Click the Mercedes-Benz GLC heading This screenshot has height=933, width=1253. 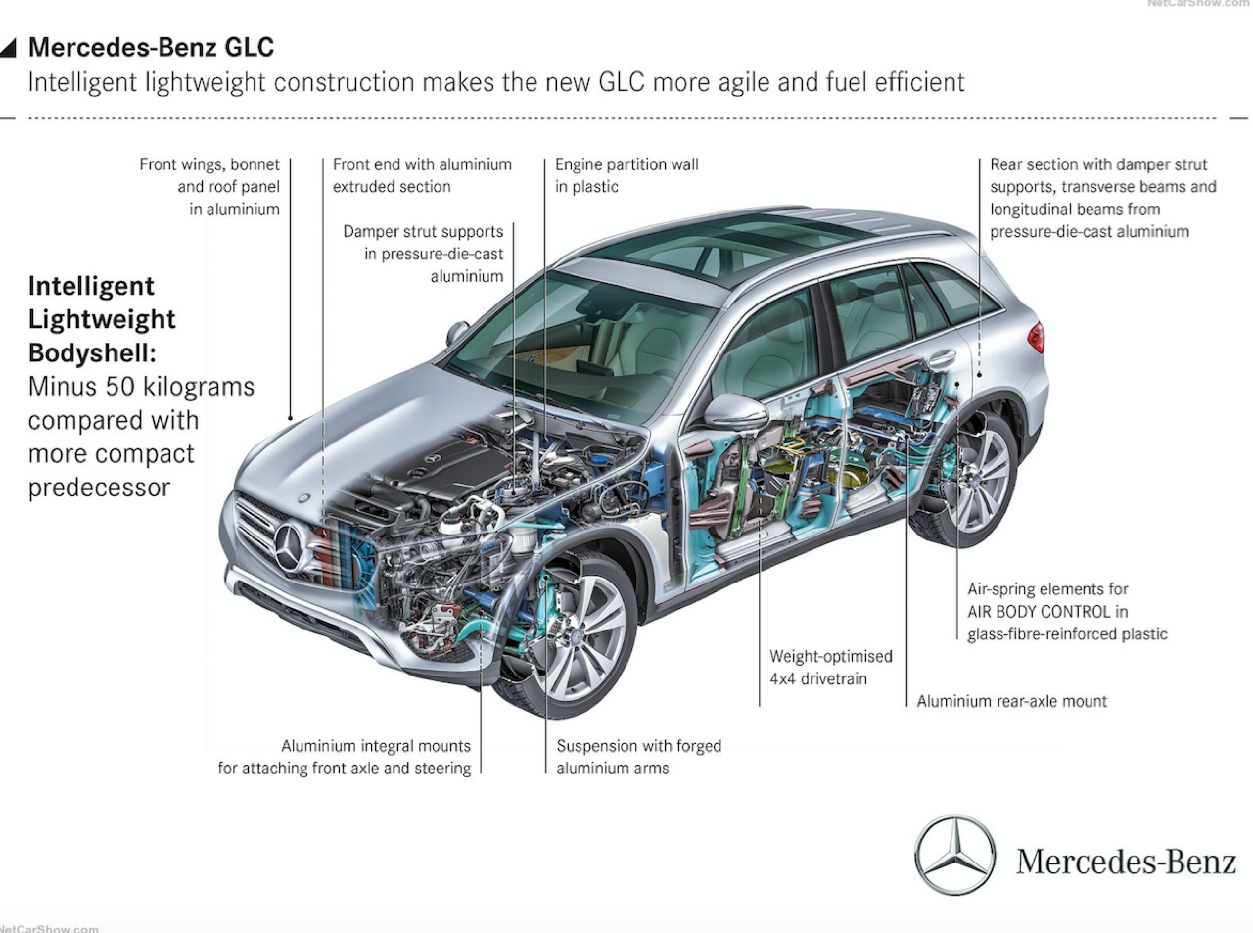tap(151, 47)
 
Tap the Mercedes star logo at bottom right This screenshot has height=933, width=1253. tap(954, 854)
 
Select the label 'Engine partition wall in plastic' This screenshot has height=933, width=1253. tap(626, 175)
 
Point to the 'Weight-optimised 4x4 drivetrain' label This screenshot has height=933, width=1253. tap(831, 667)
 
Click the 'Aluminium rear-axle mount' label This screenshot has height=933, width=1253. tap(1011, 701)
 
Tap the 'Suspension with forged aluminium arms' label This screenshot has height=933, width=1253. tap(639, 757)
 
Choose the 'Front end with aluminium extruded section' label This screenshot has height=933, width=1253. tap(422, 175)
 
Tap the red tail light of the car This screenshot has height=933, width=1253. tap(1038, 338)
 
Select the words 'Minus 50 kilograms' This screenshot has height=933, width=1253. tap(141, 387)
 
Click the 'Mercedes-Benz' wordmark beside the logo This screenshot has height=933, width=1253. tap(1127, 862)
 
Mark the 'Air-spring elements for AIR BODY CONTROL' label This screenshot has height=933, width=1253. tap(1047, 600)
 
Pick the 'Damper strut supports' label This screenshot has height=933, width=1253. tap(423, 231)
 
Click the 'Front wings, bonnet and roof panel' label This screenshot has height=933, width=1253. tap(209, 175)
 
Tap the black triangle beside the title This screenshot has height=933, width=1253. tap(9, 48)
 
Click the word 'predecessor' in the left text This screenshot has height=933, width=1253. tap(99, 488)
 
